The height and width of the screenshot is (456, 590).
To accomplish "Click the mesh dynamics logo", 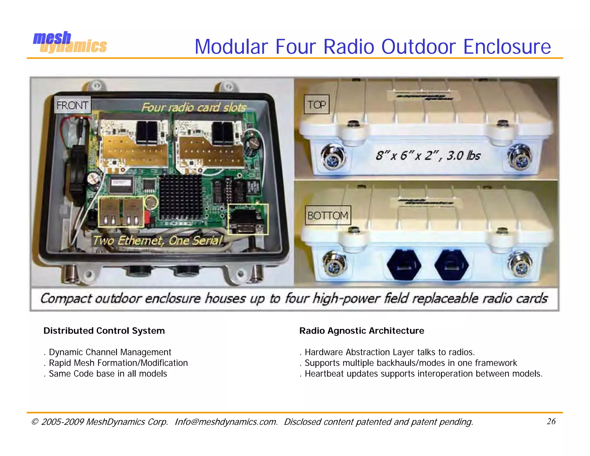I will tap(70, 43).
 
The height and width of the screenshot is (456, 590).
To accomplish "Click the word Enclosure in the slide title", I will tap(507, 47).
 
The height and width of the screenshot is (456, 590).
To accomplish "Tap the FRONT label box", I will tap(72, 105).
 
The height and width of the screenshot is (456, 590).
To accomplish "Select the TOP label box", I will tap(317, 104).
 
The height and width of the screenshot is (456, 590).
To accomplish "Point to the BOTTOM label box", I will tap(328, 215).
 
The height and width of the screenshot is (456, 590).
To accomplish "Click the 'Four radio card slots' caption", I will tap(194, 108).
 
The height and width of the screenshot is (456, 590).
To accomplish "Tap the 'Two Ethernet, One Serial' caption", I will tap(158, 240).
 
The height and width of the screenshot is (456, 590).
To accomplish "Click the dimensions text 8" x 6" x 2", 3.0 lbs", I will tap(428, 156).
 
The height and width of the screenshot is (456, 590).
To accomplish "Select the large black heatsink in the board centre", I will tap(180, 197).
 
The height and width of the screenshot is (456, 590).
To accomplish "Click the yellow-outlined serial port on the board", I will tap(248, 219).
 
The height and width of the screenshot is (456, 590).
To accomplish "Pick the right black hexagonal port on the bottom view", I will tap(451, 265).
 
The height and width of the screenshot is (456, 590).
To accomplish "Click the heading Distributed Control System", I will tap(104, 331).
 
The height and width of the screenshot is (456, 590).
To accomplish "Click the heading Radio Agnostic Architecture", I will tap(362, 331).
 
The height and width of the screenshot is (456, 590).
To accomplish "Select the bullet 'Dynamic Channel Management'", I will tap(110, 352).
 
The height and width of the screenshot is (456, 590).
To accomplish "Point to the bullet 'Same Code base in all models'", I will tap(108, 374).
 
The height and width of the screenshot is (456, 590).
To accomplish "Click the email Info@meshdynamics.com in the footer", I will tap(226, 422).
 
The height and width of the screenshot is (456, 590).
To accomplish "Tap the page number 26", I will tap(551, 421).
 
